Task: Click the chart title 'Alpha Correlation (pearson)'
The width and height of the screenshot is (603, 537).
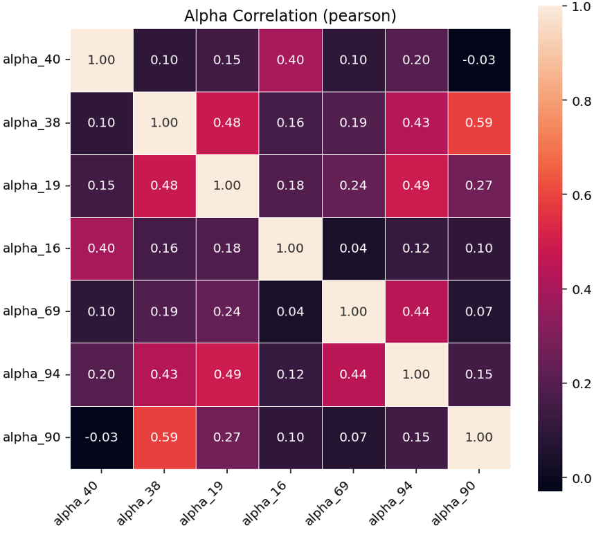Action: (x=290, y=16)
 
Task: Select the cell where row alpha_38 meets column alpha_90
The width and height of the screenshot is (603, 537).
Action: (x=479, y=122)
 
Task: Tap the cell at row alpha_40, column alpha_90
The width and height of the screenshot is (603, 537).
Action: (x=479, y=60)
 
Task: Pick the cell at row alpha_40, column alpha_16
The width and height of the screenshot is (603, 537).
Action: (x=290, y=60)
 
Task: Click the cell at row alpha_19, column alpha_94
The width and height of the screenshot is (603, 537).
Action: (x=416, y=185)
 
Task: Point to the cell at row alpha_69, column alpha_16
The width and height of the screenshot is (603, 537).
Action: (x=290, y=311)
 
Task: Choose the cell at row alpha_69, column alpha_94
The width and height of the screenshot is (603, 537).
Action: (x=416, y=311)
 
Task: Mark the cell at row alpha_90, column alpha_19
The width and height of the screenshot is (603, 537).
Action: (x=227, y=437)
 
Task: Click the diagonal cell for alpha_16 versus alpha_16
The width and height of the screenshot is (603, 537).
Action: (x=290, y=248)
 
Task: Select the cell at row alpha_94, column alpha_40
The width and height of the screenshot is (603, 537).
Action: (x=101, y=374)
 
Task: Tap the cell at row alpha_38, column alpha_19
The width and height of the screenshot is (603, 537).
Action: (x=227, y=122)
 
